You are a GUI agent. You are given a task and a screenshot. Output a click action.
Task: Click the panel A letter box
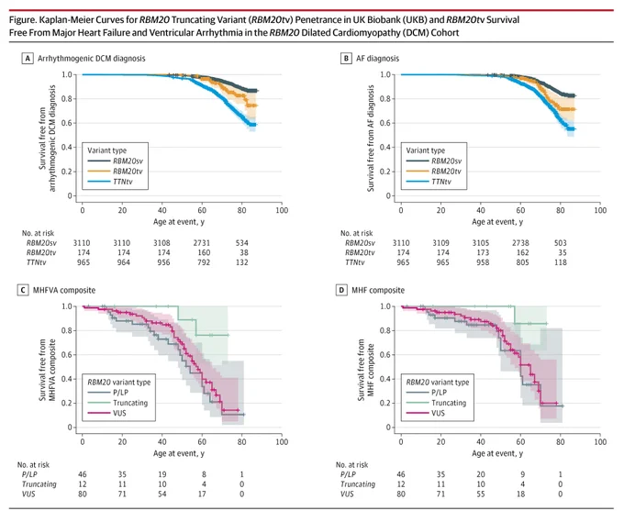(28, 59)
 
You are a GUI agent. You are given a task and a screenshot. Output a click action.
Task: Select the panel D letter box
(341, 290)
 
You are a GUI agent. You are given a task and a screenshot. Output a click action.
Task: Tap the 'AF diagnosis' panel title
(377, 59)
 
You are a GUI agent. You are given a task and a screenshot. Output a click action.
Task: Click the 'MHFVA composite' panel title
(64, 290)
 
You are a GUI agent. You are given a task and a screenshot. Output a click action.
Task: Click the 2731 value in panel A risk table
(201, 243)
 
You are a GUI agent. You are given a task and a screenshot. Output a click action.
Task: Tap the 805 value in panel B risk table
(522, 262)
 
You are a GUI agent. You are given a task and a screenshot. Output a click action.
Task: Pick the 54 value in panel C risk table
(162, 494)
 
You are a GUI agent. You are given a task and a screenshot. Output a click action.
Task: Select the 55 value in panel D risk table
(481, 494)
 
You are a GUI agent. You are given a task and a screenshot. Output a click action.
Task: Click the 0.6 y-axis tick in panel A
(66, 123)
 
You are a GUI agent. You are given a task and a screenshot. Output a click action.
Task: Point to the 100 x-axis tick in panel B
(600, 210)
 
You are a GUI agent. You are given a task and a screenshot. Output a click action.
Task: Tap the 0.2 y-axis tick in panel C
(66, 403)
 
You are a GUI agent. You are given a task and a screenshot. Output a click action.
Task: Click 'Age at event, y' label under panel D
(497, 453)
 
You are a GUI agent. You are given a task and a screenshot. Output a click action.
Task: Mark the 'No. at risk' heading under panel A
(38, 233)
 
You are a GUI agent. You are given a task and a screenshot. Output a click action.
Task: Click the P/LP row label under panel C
(29, 474)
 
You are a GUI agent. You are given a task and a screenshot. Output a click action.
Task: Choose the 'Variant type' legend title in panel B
(426, 150)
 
